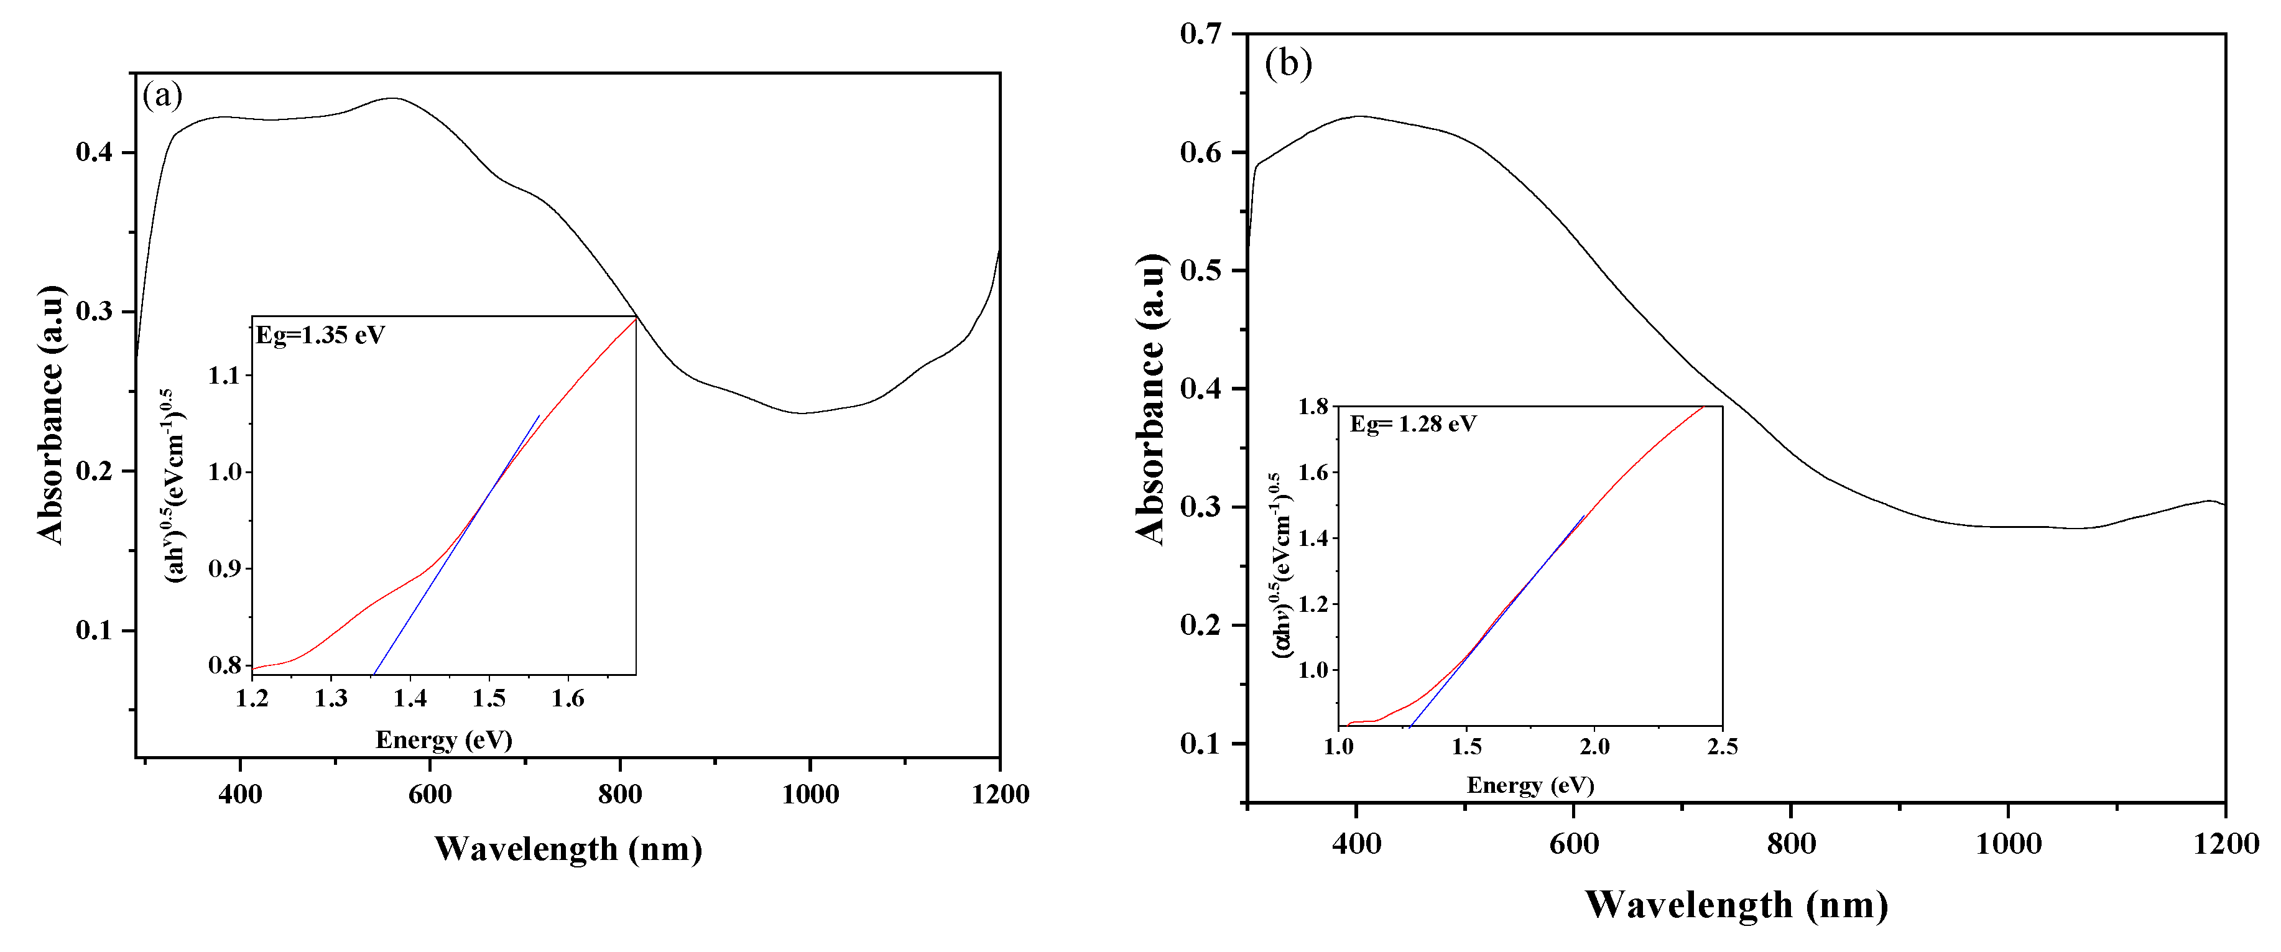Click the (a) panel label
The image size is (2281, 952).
[163, 95]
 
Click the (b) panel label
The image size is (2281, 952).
[1289, 64]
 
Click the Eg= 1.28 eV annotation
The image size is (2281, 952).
[1413, 424]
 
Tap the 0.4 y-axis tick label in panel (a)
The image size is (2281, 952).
[94, 152]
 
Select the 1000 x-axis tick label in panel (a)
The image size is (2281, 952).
[810, 794]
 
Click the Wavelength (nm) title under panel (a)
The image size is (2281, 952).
[568, 848]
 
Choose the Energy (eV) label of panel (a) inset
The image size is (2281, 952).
[443, 739]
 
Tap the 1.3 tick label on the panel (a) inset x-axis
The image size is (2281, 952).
[331, 700]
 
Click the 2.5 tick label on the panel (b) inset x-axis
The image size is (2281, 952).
[1723, 747]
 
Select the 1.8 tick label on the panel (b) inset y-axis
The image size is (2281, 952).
[1313, 407]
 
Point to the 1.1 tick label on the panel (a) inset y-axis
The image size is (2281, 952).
[224, 376]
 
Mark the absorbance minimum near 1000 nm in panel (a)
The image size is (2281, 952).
[802, 414]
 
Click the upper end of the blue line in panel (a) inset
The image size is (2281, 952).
[539, 415]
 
